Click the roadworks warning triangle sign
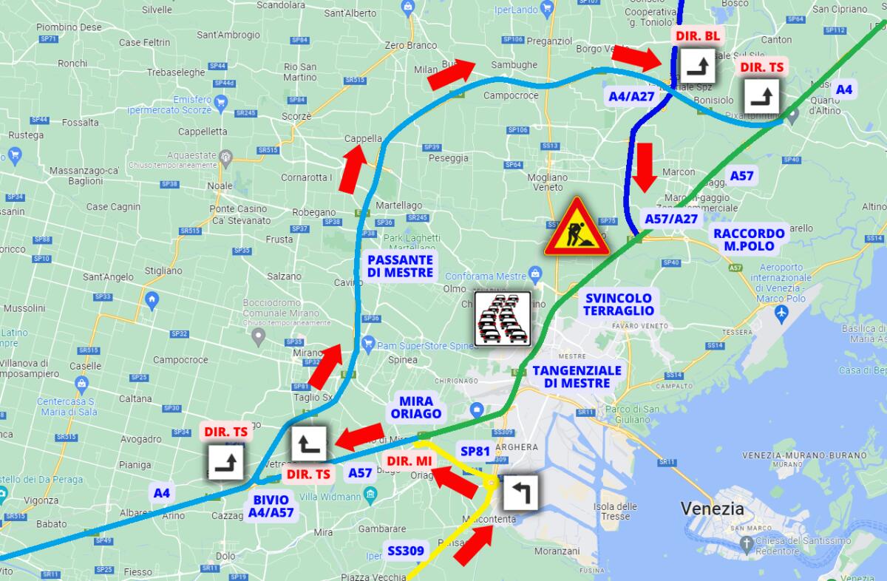pyautogui.click(x=576, y=229)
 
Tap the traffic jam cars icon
pyautogui.click(x=503, y=318)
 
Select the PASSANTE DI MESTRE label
pyautogui.click(x=400, y=266)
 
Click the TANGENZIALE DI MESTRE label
pyautogui.click(x=577, y=376)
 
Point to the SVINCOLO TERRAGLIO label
pyautogui.click(x=619, y=304)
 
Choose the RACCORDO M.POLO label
pyautogui.click(x=749, y=239)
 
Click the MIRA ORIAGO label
pyautogui.click(x=419, y=407)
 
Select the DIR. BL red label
pyautogui.click(x=698, y=35)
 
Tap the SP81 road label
pyautogui.click(x=475, y=451)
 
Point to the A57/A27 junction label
pyautogui.click(x=671, y=219)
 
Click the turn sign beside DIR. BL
pyautogui.click(x=698, y=67)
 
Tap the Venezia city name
pyautogui.click(x=713, y=509)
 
